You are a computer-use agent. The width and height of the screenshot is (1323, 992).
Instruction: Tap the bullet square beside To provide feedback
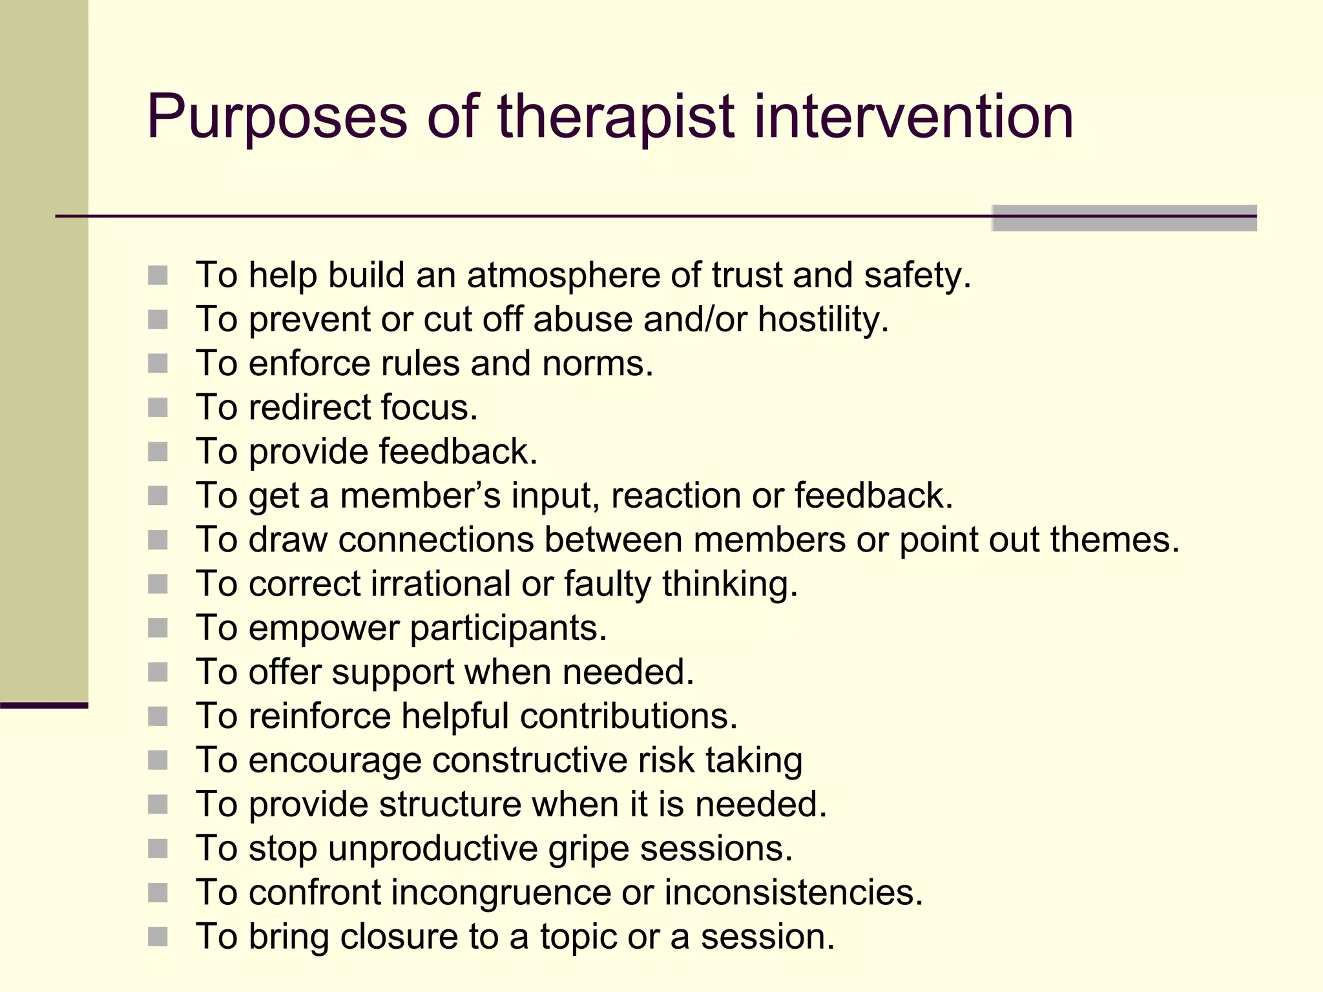[x=158, y=451]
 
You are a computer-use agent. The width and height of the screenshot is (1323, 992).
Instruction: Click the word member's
[x=420, y=496]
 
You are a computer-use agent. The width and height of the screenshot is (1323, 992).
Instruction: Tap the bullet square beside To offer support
[x=158, y=672]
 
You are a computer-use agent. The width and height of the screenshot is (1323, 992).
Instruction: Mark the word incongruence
[x=501, y=893]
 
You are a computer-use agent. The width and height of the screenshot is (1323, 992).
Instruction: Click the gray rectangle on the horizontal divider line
[x=1124, y=218]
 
